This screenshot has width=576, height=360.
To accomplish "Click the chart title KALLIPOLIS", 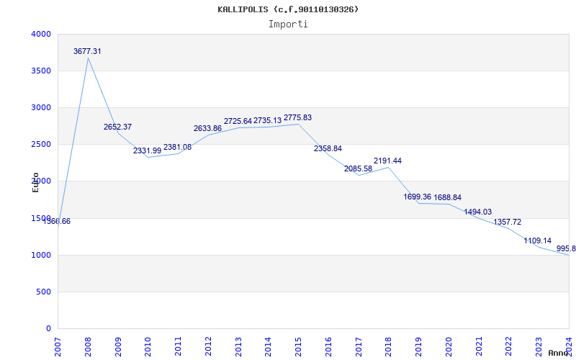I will pyautogui.click(x=288, y=9).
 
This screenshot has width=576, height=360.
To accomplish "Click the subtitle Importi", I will pyautogui.click(x=288, y=24).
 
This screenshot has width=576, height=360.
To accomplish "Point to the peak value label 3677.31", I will pyautogui.click(x=87, y=51).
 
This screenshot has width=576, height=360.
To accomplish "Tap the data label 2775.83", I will pyautogui.click(x=297, y=117).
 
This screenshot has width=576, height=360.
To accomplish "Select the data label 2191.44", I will pyautogui.click(x=387, y=161).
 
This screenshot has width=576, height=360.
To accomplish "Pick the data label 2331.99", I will pyautogui.click(x=147, y=150).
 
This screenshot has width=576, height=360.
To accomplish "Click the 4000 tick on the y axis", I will pyautogui.click(x=41, y=34).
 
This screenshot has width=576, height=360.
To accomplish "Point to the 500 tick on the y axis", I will pyautogui.click(x=43, y=292).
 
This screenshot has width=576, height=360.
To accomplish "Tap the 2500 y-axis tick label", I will pyautogui.click(x=41, y=144).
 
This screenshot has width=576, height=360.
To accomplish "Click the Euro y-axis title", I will pyautogui.click(x=35, y=182).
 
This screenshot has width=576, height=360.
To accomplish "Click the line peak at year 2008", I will pyautogui.click(x=88, y=58).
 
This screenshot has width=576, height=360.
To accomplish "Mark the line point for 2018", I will pyautogui.click(x=388, y=167).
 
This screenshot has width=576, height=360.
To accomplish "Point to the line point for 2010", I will pyautogui.click(x=148, y=157).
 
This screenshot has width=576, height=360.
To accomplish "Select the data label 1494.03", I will pyautogui.click(x=477, y=212).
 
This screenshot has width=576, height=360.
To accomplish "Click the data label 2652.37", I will pyautogui.click(x=117, y=127).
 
